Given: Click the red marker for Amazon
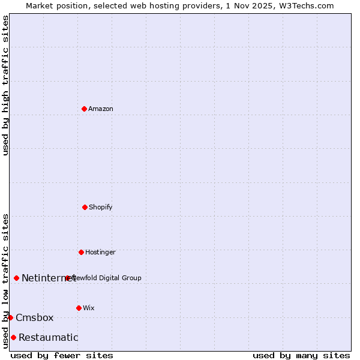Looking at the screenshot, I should coord(84,109).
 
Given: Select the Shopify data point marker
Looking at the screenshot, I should coord(85,207).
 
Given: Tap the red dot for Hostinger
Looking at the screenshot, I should coord(81,252).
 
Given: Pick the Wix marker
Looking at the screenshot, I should coord(79,308).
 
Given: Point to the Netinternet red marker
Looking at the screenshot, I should coord(16,278).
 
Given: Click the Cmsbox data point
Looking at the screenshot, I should coord(10,317).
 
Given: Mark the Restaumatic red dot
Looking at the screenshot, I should coord(13,337).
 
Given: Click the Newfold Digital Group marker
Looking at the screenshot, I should coord(68,278).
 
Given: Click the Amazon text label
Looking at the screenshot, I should coord(101,109).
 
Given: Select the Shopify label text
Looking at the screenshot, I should coord(101,208).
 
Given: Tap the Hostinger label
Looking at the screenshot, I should coord(100,253).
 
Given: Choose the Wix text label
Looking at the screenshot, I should coord(89,308).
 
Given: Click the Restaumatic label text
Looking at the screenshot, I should coord(49,338).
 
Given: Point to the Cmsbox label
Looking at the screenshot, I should coord(35,318).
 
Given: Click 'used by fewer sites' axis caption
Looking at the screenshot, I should coord(62,355).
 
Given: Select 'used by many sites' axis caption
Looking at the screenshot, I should coord(301,355).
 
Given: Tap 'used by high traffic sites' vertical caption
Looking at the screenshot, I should coord(6,85).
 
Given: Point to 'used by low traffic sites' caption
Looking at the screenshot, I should coord(6,280).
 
